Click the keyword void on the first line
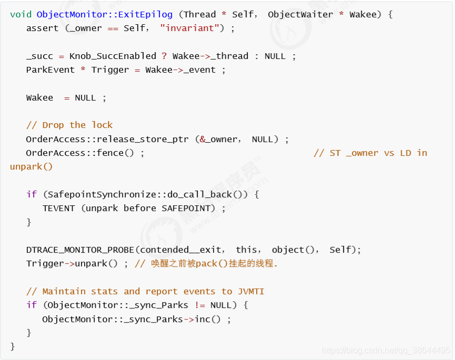point(21,14)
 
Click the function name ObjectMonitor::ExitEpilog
point(105,15)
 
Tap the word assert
point(43,28)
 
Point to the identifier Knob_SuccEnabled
point(113,56)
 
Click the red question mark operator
point(164,56)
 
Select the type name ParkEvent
point(50,69)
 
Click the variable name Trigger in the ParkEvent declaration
point(110,70)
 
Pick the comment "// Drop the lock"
point(69,125)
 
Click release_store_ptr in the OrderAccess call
point(143,139)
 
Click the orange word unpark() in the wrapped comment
point(32,167)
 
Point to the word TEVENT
point(58,208)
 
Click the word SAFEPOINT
point(186,208)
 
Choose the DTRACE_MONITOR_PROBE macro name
point(80,250)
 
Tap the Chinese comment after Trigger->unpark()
point(206,264)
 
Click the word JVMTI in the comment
point(251,291)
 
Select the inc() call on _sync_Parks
point(207,319)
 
